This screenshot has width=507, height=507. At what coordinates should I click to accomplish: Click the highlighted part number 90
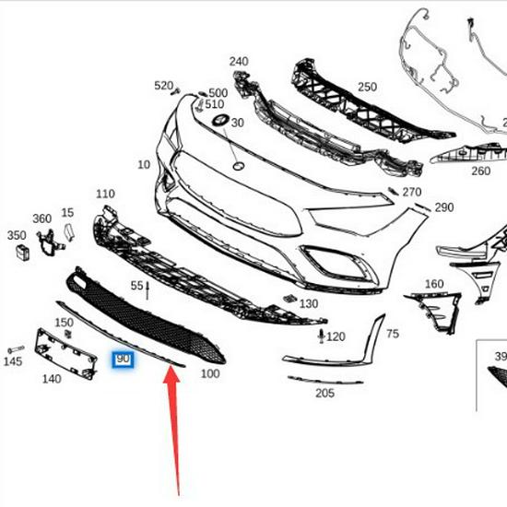[x=123, y=358]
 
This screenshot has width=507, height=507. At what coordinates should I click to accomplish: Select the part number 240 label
[x=239, y=62]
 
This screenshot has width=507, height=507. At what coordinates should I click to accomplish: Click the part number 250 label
[x=368, y=87]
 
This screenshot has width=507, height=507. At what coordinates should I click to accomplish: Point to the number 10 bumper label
[x=143, y=165]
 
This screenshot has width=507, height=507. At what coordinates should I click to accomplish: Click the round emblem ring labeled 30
[x=220, y=123]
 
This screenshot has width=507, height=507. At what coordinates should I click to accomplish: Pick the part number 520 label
[x=164, y=86]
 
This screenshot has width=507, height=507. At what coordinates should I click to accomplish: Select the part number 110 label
[x=105, y=195]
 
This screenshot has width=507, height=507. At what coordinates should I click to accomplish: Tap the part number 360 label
[x=42, y=218]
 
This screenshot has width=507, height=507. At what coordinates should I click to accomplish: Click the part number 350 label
[x=17, y=236]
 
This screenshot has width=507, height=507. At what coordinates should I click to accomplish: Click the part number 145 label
[x=12, y=362]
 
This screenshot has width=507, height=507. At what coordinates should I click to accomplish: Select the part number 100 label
[x=209, y=373]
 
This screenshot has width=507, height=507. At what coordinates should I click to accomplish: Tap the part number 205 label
[x=324, y=394]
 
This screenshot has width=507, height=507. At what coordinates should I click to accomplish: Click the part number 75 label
[x=392, y=334]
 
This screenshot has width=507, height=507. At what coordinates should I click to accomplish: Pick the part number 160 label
[x=433, y=284]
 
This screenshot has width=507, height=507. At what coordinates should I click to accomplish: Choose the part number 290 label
[x=444, y=207]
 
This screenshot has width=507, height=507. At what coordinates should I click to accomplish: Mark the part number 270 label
[x=411, y=193]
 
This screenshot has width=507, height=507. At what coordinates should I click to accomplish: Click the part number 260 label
[x=480, y=171]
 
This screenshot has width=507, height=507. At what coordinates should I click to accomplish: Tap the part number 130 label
[x=309, y=303]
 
